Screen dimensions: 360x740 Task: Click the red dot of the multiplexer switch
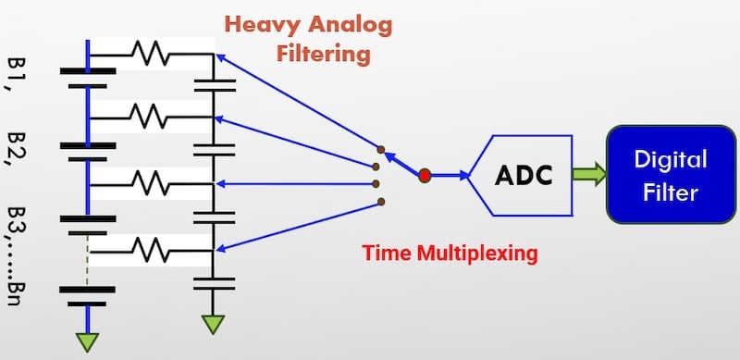point(425,174)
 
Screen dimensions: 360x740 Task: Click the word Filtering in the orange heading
point(324,53)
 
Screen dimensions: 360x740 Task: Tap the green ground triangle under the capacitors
point(214,325)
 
